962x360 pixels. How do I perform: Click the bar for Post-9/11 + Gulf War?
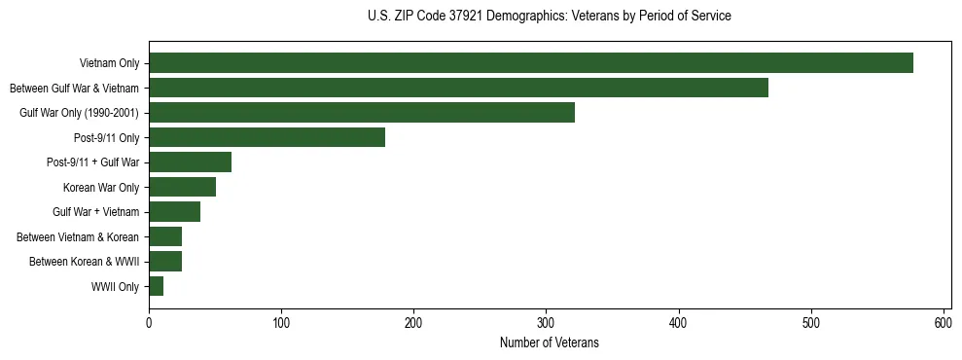click(x=190, y=162)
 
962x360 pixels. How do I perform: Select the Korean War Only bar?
click(x=182, y=187)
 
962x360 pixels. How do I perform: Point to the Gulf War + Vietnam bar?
click(x=174, y=212)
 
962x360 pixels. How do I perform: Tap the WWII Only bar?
click(x=156, y=286)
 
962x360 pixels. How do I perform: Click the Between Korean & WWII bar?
click(x=165, y=262)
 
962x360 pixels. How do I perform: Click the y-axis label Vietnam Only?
click(x=109, y=64)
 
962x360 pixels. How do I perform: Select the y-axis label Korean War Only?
click(x=101, y=188)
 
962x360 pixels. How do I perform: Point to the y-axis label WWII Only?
click(x=115, y=287)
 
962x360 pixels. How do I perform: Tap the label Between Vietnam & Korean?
click(x=78, y=237)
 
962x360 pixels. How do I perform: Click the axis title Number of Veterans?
click(x=549, y=342)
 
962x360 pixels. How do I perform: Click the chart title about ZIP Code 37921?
click(x=549, y=17)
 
